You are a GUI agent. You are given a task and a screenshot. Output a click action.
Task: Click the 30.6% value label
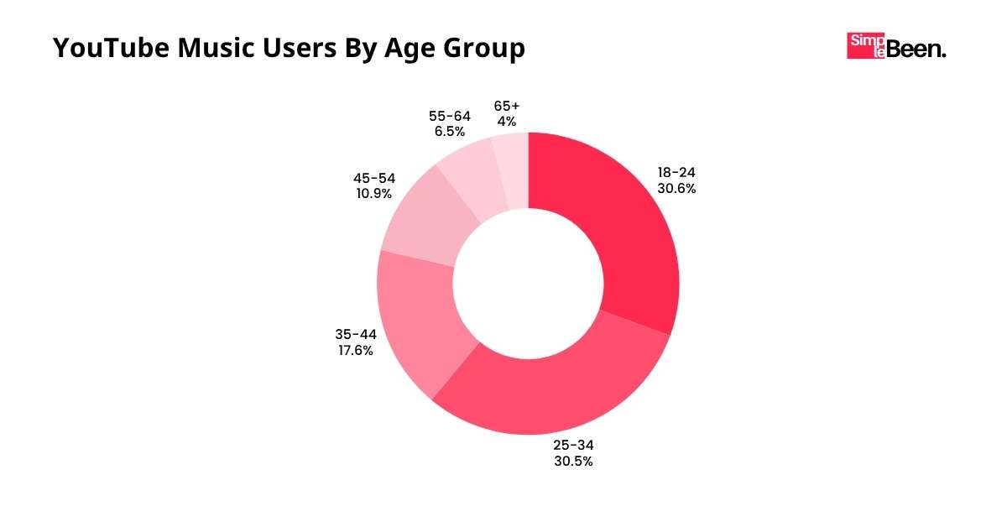point(676,189)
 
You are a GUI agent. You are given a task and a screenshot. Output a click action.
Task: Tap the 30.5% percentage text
point(573,461)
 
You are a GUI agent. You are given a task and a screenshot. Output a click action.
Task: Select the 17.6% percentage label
point(356,350)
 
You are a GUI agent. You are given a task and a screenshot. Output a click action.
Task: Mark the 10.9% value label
point(374,193)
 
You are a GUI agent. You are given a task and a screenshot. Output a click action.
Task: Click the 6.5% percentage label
point(450,131)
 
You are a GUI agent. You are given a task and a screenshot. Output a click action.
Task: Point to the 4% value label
point(507,122)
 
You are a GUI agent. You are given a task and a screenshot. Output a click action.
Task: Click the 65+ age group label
point(507,106)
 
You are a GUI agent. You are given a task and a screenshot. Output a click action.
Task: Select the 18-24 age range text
point(676,173)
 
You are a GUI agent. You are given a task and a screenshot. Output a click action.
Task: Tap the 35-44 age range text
point(356,334)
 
